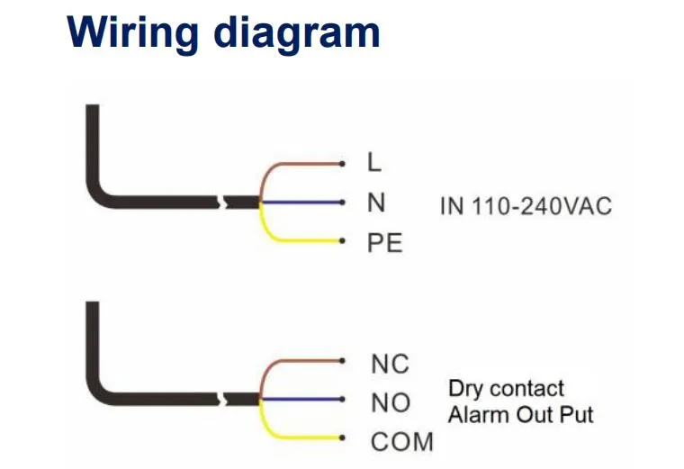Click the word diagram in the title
297,35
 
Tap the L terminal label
374,162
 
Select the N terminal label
376,203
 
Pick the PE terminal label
385,242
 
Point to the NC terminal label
390,364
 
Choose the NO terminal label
391,402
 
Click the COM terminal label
402,441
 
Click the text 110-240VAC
542,206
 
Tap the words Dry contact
506,389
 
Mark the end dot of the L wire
342,164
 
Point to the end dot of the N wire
342,203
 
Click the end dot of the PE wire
342,241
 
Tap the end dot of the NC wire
342,361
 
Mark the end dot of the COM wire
342,437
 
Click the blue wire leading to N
300,203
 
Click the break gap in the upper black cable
222,202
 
